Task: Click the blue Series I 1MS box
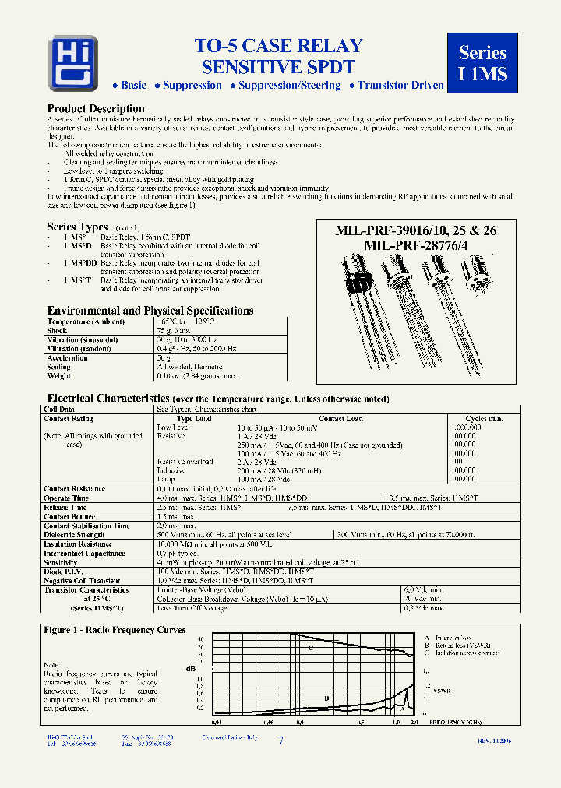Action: pyautogui.click(x=482, y=63)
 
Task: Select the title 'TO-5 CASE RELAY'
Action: pyautogui.click(x=278, y=47)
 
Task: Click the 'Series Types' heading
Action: pyautogui.click(x=77, y=227)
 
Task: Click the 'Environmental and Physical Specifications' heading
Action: pyautogui.click(x=150, y=310)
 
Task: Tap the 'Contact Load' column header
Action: pyautogui.click(x=341, y=419)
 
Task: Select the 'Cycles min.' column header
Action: pyautogui.click(x=483, y=419)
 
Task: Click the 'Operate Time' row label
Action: pyautogui.click(x=66, y=498)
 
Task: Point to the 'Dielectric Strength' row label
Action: pyautogui.click(x=74, y=535)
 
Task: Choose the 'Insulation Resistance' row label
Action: pyautogui.click(x=78, y=544)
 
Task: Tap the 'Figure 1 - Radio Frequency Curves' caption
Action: pyautogui.click(x=115, y=630)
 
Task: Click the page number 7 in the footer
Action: pyautogui.click(x=280, y=741)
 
